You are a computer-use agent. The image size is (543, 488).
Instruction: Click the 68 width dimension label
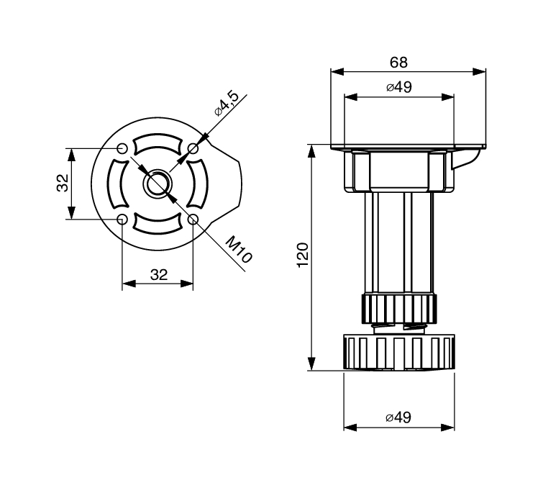[398, 62]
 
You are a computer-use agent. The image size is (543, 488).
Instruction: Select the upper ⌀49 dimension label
[398, 87]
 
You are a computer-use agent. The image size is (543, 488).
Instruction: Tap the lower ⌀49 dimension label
[398, 417]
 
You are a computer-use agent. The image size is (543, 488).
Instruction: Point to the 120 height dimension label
[303, 256]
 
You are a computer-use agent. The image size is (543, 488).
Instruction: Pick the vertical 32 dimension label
[63, 184]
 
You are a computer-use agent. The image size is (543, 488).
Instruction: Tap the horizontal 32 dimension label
[158, 274]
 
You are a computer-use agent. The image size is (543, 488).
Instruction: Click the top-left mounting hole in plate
[122, 148]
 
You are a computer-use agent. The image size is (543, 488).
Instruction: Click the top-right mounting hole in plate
[193, 148]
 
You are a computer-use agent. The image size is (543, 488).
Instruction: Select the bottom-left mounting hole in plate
[122, 219]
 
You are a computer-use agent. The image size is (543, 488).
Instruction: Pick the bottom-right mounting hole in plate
[193, 219]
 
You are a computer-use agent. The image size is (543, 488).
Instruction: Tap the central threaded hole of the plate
[158, 184]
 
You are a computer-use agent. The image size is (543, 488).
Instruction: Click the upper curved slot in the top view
[158, 144]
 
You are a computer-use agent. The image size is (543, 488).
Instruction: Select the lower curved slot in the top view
[158, 224]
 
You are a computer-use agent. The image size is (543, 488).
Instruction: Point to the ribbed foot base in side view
[398, 353]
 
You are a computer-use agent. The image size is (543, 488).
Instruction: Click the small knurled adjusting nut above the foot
[398, 308]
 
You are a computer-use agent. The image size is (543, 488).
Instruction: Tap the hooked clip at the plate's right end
[471, 157]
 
